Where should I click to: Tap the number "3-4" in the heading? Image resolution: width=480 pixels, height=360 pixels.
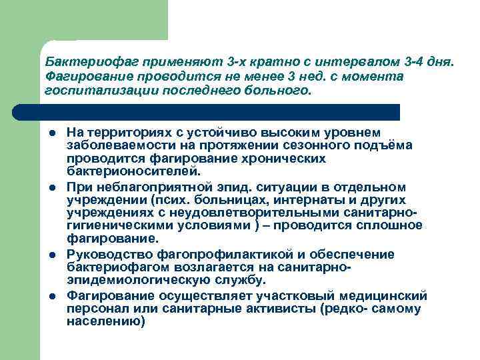click(x=412, y=62)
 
